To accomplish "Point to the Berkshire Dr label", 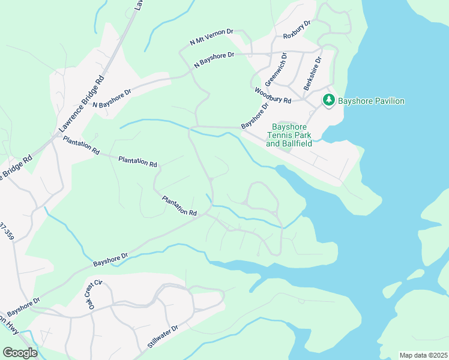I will pos(313,73).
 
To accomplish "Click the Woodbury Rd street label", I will pos(273,95).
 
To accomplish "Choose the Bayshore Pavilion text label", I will pos(371,101).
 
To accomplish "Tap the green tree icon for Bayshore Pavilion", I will pos(328,100).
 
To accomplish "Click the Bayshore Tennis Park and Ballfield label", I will pos(289,136).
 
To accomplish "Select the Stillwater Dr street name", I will pos(163,337).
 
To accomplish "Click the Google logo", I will pos(20,353).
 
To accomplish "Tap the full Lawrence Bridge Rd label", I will pos(82,103).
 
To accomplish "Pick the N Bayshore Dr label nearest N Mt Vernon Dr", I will pos(214,61).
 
